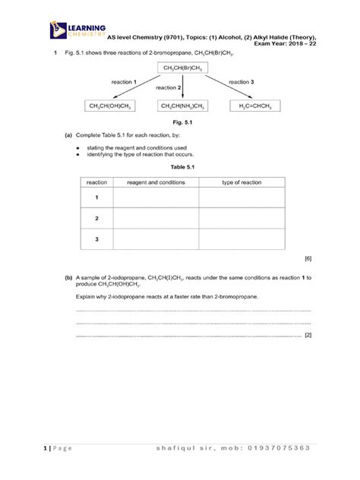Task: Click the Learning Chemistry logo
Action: (75, 31)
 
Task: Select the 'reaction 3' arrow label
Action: (241, 81)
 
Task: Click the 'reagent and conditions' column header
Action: (156, 182)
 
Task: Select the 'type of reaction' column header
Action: (242, 182)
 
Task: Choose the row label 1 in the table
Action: (97, 197)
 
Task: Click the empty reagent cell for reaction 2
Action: (156, 219)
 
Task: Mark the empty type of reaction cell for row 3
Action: (242, 239)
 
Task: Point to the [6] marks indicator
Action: (308, 259)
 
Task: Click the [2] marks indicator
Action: (308, 335)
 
